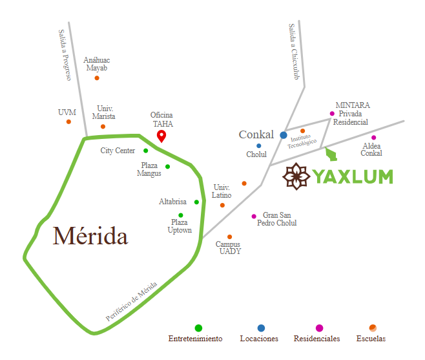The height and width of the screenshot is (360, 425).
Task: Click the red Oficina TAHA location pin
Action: pyautogui.click(x=161, y=136)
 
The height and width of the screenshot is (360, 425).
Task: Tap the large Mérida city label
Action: pyautogui.click(x=90, y=236)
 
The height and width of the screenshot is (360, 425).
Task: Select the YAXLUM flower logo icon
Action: pyautogui.click(x=297, y=176)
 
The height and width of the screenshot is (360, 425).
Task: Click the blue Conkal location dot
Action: pyautogui.click(x=284, y=135)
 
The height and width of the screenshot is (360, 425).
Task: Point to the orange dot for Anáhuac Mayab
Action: pyautogui.click(x=97, y=78)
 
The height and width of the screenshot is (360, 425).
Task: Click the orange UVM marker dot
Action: pyautogui.click(x=68, y=122)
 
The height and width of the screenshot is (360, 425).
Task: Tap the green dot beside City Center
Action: pyautogui.click(x=146, y=151)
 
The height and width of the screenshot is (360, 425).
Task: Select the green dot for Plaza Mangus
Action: pyautogui.click(x=168, y=167)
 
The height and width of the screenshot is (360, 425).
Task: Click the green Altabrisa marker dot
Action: pyautogui.click(x=196, y=202)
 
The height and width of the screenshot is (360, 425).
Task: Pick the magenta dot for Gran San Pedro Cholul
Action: pyautogui.click(x=254, y=217)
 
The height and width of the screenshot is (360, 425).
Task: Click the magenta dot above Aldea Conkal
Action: pyautogui.click(x=373, y=138)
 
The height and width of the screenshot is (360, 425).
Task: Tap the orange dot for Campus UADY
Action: pyautogui.click(x=229, y=237)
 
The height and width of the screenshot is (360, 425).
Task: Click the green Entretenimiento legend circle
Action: pyautogui.click(x=198, y=328)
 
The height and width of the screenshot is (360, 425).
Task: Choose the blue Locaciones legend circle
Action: pyautogui.click(x=261, y=328)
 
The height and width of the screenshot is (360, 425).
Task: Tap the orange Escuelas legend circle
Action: pyautogui.click(x=372, y=328)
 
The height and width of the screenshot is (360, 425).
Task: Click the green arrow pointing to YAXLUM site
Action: pyautogui.click(x=331, y=154)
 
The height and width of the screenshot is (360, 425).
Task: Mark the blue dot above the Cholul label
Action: pyautogui.click(x=259, y=146)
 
